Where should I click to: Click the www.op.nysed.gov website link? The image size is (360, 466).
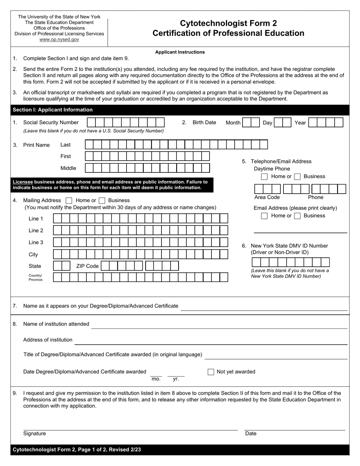(59, 39)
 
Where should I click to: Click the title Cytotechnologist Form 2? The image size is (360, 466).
(228, 23)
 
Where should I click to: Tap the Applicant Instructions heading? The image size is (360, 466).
(180, 52)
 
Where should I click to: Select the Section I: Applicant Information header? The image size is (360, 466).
(53, 110)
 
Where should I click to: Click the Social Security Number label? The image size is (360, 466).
(51, 122)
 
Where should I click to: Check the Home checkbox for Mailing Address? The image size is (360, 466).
(69, 200)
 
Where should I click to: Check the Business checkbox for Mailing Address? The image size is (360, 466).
(102, 200)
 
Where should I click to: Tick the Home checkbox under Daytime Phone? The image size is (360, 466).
(265, 177)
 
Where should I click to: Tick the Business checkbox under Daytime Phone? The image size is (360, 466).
(297, 177)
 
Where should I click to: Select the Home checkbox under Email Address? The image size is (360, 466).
(265, 216)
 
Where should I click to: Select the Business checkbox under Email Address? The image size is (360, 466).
(297, 216)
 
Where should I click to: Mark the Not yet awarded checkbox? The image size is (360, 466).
(211, 372)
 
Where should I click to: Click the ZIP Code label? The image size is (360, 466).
(87, 266)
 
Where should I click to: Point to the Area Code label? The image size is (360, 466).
(267, 197)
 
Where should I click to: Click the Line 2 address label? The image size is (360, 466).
(36, 231)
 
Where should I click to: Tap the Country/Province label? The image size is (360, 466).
(35, 278)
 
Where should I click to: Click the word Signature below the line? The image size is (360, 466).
(34, 433)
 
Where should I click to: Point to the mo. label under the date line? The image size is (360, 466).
(156, 379)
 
